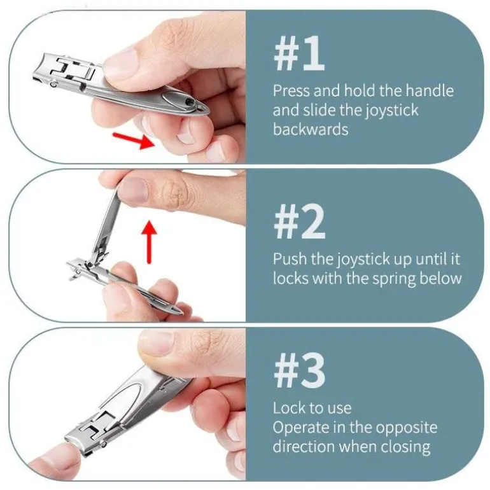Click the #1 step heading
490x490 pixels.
pos(299,53)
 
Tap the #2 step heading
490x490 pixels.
pos(299,221)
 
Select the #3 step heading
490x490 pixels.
pos(299,370)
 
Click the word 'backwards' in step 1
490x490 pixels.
pos(311,129)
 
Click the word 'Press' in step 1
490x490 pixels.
pos(291,91)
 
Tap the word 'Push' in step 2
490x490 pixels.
pos(289,259)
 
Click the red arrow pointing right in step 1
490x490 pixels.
pos(134,140)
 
